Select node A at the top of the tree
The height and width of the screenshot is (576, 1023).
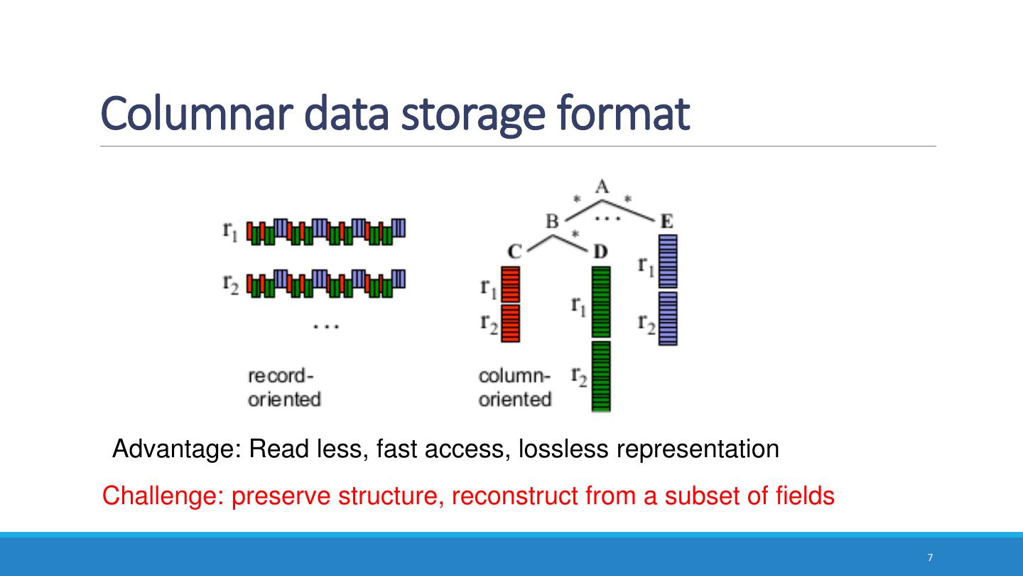coord(602,187)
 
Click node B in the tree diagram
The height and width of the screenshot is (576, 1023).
coord(552,221)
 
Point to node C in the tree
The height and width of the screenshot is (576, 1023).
coord(515,251)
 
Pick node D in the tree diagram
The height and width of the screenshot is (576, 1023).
coord(601,251)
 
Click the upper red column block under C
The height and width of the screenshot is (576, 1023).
coord(511,284)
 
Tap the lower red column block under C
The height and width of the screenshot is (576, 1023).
coord(511,324)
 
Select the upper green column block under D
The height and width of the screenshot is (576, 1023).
coord(601,302)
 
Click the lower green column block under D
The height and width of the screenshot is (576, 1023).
coord(601,376)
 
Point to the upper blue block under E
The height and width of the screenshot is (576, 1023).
coord(667,262)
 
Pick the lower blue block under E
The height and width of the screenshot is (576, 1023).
coord(667,319)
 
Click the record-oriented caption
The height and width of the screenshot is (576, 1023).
coord(283,387)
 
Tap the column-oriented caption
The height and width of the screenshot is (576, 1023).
coord(514,387)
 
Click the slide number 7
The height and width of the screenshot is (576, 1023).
coord(930,558)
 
